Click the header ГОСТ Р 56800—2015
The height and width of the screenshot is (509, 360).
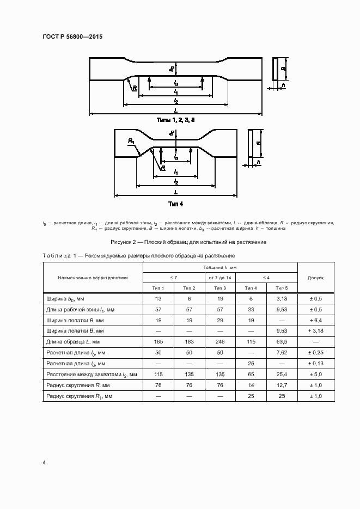(72, 36)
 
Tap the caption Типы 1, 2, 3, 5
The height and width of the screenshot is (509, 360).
(175, 119)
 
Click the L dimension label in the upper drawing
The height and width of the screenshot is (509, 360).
(175, 110)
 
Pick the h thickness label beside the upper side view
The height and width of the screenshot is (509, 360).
(284, 85)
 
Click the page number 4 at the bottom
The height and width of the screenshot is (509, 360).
(44, 463)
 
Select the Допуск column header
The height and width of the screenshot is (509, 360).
(316, 277)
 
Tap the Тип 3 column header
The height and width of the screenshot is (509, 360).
(219, 288)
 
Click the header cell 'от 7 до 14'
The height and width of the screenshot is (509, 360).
(219, 277)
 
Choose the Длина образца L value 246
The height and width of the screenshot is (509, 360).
(219, 341)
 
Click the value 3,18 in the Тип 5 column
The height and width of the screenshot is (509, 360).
(282, 298)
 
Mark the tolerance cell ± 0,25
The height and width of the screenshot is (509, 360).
(316, 352)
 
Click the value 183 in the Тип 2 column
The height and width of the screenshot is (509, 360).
(189, 341)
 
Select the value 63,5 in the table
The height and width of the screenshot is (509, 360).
(282, 341)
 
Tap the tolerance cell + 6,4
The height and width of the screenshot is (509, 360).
(316, 320)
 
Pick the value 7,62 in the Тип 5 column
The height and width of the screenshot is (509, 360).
(282, 352)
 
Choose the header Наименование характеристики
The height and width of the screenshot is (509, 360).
(93, 277)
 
